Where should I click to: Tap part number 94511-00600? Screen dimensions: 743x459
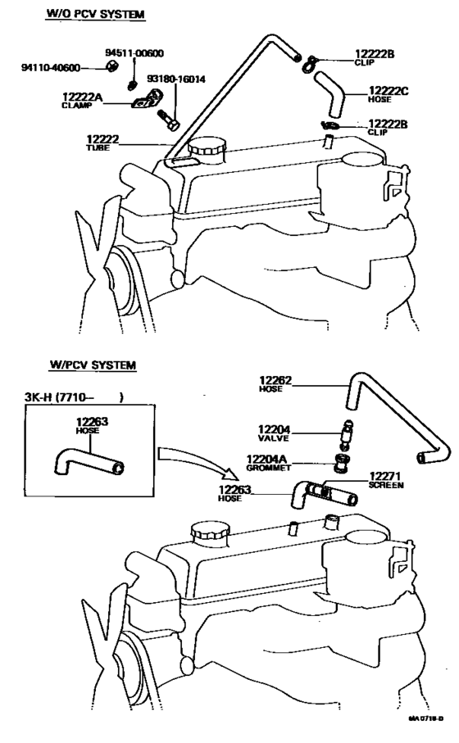click(x=134, y=53)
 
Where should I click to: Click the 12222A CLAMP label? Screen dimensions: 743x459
click(x=82, y=100)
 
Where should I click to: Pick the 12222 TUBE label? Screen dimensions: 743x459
click(x=103, y=143)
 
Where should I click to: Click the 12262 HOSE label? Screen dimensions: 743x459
click(x=276, y=383)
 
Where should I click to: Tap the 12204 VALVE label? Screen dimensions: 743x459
click(x=275, y=433)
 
